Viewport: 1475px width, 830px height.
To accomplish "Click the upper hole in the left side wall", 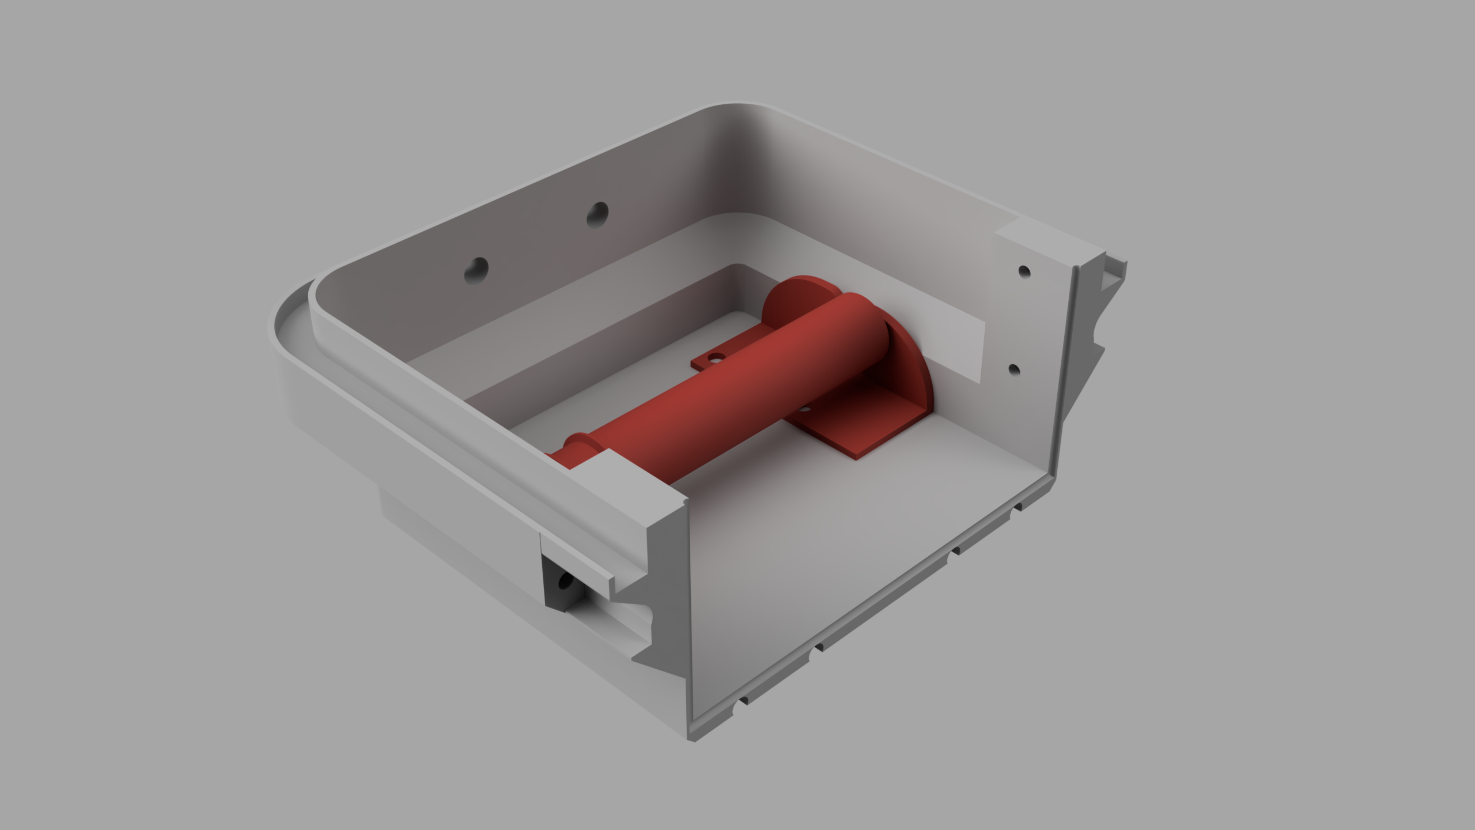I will coord(597,214).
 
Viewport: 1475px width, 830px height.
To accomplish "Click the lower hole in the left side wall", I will coord(476,269).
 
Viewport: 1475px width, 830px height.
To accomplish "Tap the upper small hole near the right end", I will coord(1024,270).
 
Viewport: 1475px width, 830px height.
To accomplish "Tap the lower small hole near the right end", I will coord(1015,369).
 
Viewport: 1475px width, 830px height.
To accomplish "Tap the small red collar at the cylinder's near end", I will coord(582,447).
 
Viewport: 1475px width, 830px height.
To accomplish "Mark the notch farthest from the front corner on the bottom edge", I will coord(1017,507).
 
